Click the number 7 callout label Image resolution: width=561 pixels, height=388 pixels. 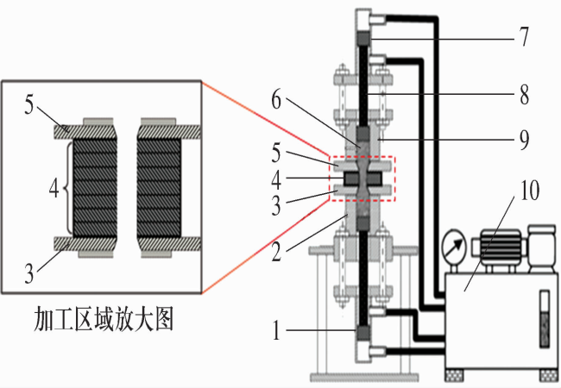pyautogui.click(x=526, y=38)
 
